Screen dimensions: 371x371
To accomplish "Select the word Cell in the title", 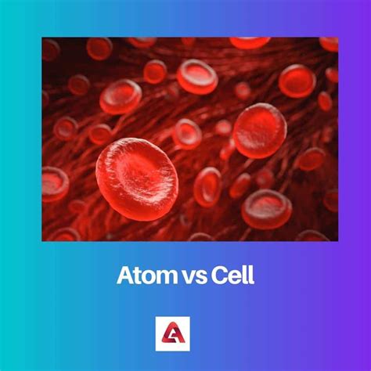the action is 232,276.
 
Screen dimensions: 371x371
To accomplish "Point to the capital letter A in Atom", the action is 126,276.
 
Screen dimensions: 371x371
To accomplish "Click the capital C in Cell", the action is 219,276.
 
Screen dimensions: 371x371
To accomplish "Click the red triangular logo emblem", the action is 173,333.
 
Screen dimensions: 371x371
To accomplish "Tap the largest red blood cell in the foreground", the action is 137,179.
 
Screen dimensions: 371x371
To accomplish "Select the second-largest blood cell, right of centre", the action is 260,131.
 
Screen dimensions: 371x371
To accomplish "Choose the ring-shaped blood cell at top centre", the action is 197,77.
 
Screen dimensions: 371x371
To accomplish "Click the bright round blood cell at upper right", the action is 297,81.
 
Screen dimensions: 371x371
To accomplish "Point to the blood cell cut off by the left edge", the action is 54,185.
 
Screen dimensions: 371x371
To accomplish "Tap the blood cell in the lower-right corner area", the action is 266,210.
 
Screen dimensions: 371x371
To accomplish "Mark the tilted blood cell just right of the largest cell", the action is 207,187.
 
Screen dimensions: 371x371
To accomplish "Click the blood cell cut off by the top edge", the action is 250,43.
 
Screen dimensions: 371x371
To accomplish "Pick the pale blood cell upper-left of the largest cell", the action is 121,97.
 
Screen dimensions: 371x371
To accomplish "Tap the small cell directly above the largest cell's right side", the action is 188,134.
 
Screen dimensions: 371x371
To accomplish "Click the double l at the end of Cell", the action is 249,276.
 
